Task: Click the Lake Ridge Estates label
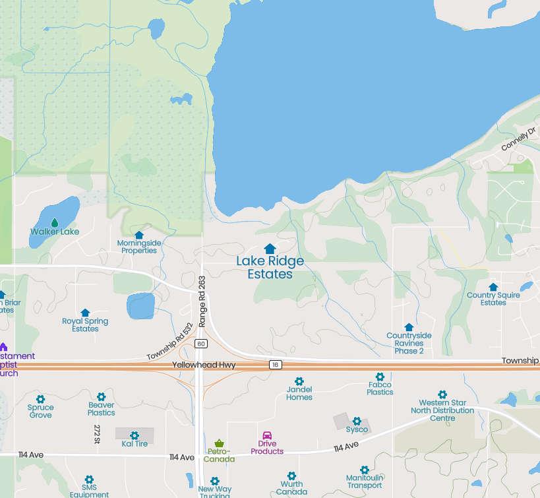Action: click(x=270, y=267)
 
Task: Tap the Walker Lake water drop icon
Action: click(x=55, y=222)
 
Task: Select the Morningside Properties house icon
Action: click(x=139, y=235)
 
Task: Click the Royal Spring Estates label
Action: click(x=85, y=325)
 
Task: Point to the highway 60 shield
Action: click(x=201, y=344)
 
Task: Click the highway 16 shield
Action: click(x=275, y=365)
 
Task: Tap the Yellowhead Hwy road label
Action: click(x=204, y=365)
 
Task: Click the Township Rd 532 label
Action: click(x=169, y=342)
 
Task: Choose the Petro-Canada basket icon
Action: click(x=219, y=443)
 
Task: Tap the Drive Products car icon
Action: click(x=267, y=435)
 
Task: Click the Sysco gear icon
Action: click(x=357, y=421)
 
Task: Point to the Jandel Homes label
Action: click(x=299, y=393)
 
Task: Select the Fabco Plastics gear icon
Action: click(x=380, y=377)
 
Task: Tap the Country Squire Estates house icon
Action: click(x=493, y=287)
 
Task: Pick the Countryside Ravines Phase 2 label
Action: click(x=409, y=343)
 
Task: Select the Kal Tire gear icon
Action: click(x=135, y=435)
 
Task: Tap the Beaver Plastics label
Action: click(x=102, y=409)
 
